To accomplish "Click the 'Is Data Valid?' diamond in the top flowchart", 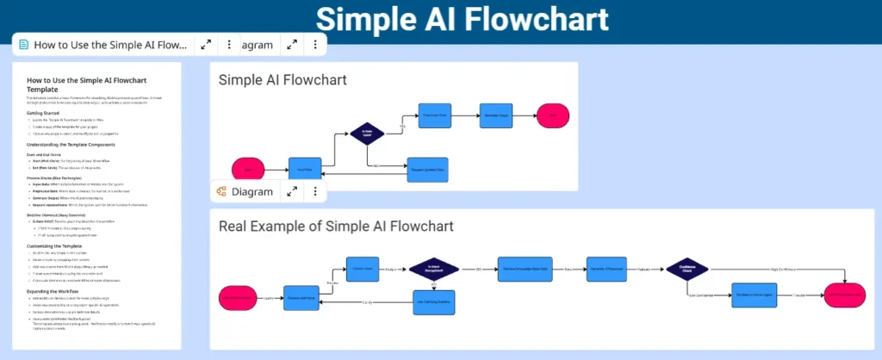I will tap(366, 134).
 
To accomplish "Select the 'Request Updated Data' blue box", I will tap(428, 170).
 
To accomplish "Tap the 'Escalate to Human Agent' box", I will tap(755, 295).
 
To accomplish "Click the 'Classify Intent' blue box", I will tap(363, 268).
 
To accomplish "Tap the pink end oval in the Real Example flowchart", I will tap(848, 295).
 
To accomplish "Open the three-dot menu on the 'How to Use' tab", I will tap(228, 44).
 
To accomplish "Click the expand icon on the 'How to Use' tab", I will tap(206, 44).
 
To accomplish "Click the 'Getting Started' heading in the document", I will tap(51, 113).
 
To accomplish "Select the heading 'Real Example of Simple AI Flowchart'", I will tap(336, 227).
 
